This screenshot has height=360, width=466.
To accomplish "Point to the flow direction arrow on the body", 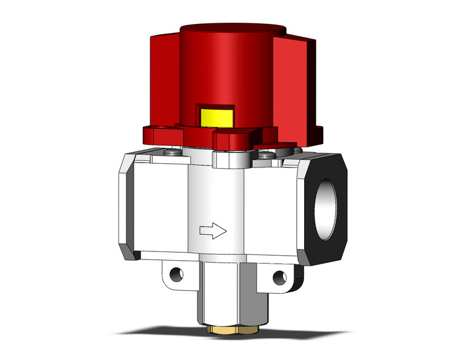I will tap(213, 231).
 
